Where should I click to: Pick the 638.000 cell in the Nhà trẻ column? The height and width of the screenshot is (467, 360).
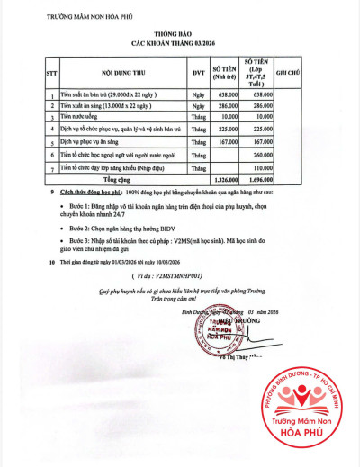[228, 94]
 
